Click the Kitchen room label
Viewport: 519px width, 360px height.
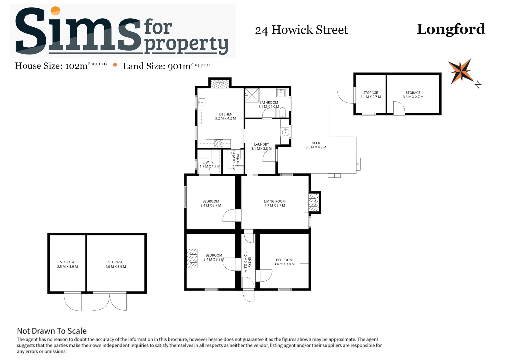[x=225, y=116]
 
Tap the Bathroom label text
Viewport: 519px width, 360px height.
[x=269, y=104]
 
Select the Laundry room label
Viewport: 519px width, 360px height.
[x=261, y=146]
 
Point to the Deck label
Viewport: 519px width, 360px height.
[x=316, y=145]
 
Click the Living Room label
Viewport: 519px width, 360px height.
[x=275, y=203]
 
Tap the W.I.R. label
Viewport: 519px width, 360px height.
[x=210, y=164]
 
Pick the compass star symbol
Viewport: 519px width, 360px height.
[x=461, y=71]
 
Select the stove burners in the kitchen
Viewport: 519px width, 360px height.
[x=219, y=144]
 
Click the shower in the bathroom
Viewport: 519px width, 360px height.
[x=252, y=95]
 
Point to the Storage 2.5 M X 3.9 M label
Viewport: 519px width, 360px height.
[x=67, y=264]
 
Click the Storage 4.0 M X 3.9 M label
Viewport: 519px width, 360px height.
[x=116, y=264]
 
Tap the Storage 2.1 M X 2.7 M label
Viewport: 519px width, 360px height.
[x=370, y=95]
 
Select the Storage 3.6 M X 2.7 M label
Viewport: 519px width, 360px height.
[x=413, y=95]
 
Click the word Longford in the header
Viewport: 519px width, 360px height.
[x=451, y=29]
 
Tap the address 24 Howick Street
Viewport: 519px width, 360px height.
[x=301, y=30]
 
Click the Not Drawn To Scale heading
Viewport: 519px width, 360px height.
[x=52, y=331]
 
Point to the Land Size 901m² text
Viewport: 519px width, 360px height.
[x=167, y=66]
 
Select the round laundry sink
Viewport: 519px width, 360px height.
[x=285, y=132]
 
